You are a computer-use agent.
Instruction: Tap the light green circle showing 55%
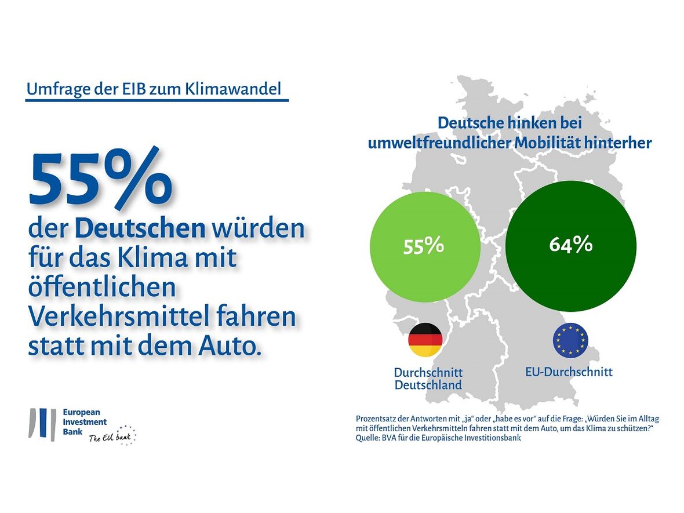[424, 246]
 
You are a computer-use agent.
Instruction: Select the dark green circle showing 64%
[570, 245]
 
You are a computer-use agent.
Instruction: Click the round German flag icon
[425, 340]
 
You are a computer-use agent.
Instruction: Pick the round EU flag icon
[570, 340]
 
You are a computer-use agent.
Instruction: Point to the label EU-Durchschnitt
[569, 372]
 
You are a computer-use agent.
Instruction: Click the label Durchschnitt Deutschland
[428, 379]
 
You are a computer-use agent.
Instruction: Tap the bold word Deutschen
[140, 229]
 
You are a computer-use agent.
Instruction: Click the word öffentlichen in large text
[101, 287]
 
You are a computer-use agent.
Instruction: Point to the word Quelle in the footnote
[369, 438]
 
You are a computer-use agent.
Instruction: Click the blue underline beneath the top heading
[157, 100]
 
